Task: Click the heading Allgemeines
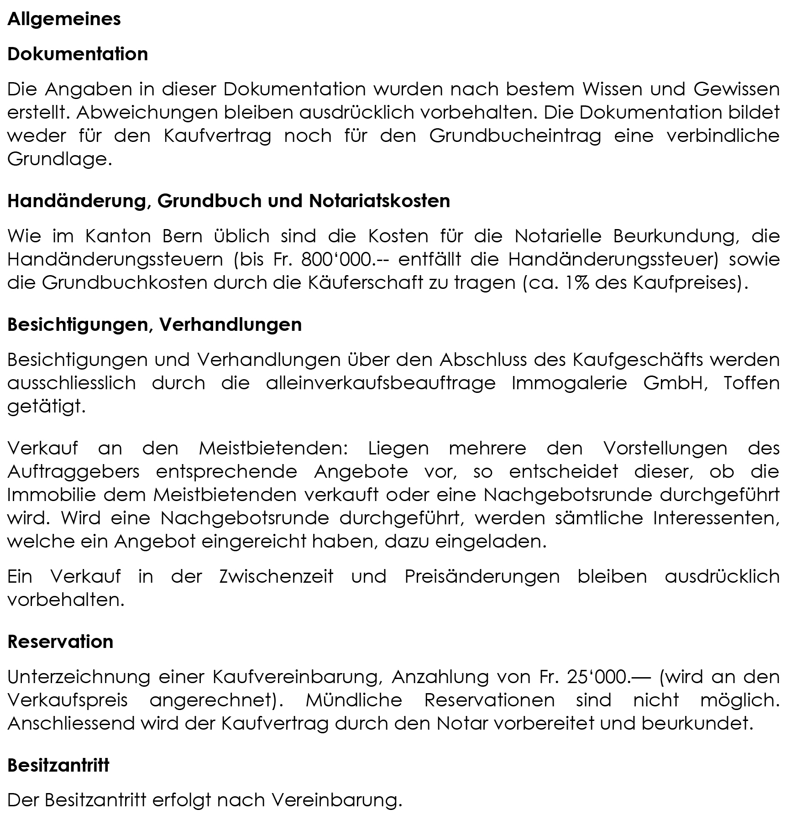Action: [64, 19]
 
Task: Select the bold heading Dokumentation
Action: [78, 54]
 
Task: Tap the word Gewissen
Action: [736, 89]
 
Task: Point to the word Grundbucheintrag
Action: [515, 136]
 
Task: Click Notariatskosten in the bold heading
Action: [379, 201]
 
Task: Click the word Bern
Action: [182, 236]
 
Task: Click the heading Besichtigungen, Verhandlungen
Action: [154, 324]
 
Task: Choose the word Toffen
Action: [751, 383]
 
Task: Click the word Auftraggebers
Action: [73, 471]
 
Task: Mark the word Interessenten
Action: [716, 518]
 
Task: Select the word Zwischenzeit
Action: [276, 577]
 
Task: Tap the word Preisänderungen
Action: [482, 577]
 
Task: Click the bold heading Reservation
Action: [60, 642]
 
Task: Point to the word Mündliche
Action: [354, 700]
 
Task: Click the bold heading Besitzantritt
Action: [58, 765]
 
